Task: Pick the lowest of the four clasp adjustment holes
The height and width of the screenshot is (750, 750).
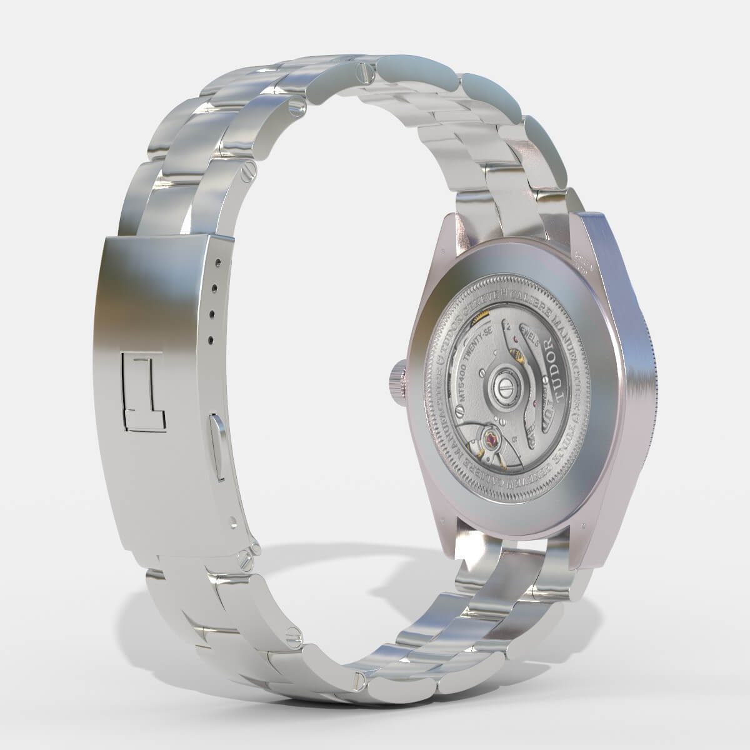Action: point(211,339)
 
